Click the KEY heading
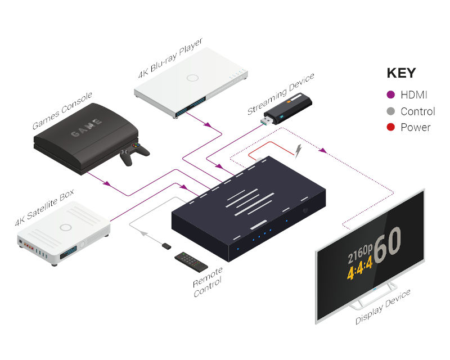(401, 73)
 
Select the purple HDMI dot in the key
(390, 94)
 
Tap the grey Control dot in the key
(390, 111)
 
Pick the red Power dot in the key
(390, 127)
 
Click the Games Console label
(62, 110)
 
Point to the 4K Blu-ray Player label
(170, 58)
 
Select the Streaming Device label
(281, 93)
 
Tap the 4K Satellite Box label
(44, 207)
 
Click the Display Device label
(383, 307)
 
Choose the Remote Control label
(208, 282)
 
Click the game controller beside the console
(134, 154)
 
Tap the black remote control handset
(191, 262)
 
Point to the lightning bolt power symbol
(299, 150)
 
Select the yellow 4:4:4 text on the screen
(360, 268)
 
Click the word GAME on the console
(86, 128)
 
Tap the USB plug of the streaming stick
(267, 120)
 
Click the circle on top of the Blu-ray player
(192, 78)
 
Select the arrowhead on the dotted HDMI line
(322, 150)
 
